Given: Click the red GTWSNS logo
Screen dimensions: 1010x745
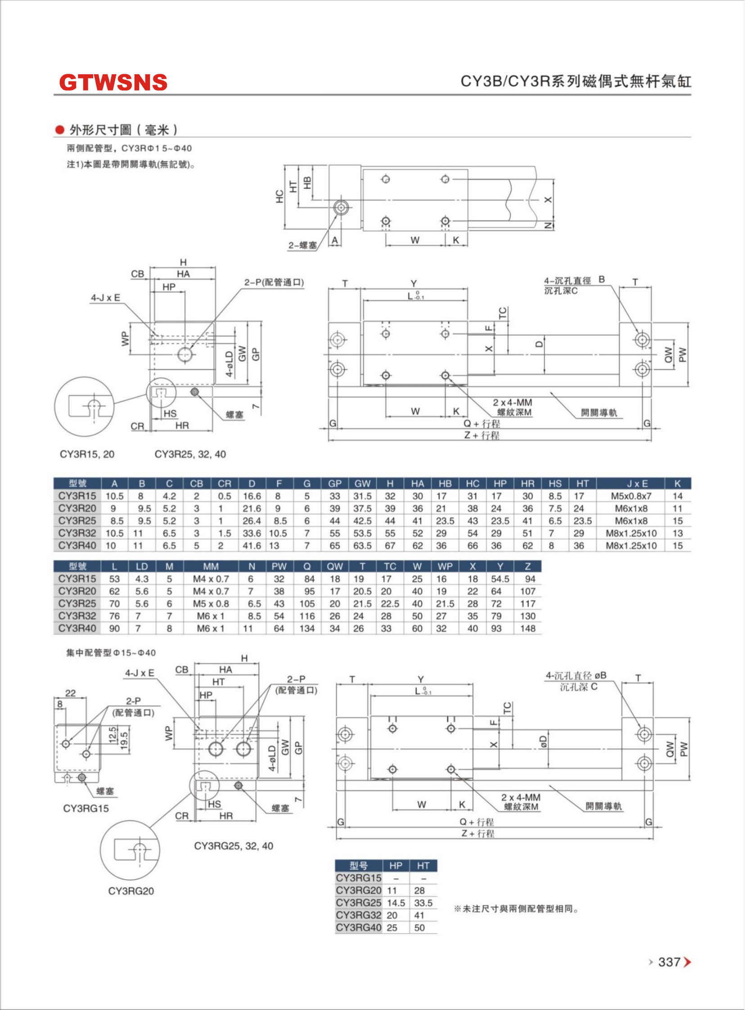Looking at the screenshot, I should pyautogui.click(x=113, y=82).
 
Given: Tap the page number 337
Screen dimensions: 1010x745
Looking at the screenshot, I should pyautogui.click(x=669, y=962).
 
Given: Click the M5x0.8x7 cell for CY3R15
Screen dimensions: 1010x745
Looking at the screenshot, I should pyautogui.click(x=631, y=496).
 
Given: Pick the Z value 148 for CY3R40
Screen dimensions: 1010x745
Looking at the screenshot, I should pyautogui.click(x=528, y=628).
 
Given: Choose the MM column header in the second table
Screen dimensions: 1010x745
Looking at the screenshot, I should pyautogui.click(x=211, y=566).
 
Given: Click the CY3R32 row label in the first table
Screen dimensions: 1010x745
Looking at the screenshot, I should pyautogui.click(x=77, y=533).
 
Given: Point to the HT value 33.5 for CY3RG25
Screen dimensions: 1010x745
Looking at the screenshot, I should pyautogui.click(x=423, y=903).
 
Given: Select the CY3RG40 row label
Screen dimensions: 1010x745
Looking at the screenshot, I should pyautogui.click(x=358, y=928).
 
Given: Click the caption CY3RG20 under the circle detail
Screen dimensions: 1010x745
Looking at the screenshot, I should pyautogui.click(x=131, y=891).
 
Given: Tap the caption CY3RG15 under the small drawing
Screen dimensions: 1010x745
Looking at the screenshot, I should pyautogui.click(x=86, y=808).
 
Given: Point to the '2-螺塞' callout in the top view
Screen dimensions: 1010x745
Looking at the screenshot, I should pyautogui.click(x=303, y=245).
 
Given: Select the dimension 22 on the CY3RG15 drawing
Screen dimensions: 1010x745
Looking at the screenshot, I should pyautogui.click(x=70, y=693).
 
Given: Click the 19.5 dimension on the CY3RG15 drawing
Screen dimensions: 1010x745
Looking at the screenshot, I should pyautogui.click(x=124, y=739).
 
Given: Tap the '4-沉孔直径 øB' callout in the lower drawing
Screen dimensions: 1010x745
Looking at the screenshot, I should pyautogui.click(x=576, y=675).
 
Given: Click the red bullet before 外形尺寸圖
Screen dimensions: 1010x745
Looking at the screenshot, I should pyautogui.click(x=59, y=130).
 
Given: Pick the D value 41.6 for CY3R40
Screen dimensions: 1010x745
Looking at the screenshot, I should pyautogui.click(x=252, y=545).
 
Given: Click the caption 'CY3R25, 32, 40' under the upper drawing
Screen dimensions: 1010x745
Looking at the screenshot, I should pyautogui.click(x=190, y=454).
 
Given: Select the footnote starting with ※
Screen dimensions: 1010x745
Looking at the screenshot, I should pyautogui.click(x=516, y=909).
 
